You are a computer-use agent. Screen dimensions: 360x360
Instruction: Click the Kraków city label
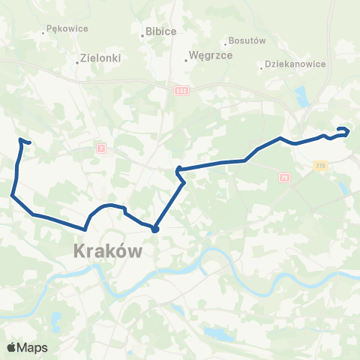click(108, 251)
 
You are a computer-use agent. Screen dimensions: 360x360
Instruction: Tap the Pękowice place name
click(67, 28)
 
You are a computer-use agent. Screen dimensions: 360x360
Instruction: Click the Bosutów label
click(247, 40)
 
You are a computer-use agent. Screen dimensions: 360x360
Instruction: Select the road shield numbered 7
click(100, 148)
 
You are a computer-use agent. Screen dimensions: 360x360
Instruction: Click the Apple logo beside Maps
click(12, 347)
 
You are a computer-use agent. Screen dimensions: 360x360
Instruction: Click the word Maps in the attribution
click(33, 347)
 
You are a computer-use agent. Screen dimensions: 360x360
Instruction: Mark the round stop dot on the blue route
click(154, 229)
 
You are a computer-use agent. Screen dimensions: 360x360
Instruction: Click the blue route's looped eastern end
click(344, 131)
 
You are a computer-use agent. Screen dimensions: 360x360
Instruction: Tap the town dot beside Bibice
click(142, 35)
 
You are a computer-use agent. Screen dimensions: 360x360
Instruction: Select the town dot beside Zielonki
click(78, 62)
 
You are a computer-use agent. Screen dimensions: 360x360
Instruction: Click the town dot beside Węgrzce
click(186, 61)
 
